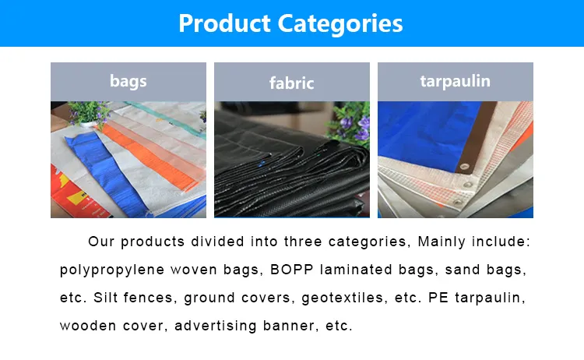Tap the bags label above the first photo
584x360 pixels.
coord(128,80)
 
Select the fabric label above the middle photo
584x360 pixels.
coord(291,82)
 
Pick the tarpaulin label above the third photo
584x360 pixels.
coord(456,80)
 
